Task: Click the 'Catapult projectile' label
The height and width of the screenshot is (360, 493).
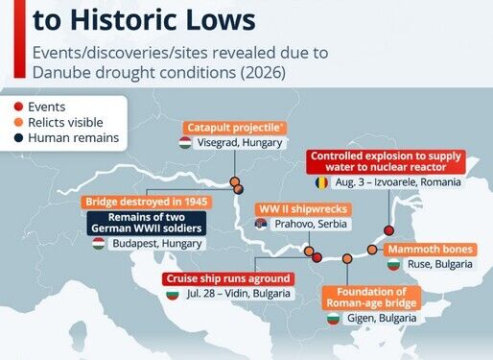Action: point(235,128)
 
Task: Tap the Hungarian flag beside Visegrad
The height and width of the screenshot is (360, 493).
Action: point(185,143)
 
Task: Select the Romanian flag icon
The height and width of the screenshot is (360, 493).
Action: point(321,182)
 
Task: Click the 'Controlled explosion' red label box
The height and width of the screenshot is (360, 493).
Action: point(386,161)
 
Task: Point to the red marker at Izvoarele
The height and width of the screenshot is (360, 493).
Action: point(388,230)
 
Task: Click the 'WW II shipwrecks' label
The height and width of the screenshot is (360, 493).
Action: point(303,209)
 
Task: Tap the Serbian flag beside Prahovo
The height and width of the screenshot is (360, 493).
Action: point(261,224)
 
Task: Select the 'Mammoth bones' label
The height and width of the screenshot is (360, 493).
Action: point(430,250)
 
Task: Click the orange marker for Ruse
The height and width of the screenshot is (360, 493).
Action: point(372,250)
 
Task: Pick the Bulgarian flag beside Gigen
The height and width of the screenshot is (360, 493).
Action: point(333,319)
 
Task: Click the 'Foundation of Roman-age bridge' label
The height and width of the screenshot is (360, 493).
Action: point(371,298)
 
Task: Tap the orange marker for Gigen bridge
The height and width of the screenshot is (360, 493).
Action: point(347,258)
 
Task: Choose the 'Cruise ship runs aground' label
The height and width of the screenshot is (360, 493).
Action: point(228,278)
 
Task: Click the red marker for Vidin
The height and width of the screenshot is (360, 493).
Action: point(317,257)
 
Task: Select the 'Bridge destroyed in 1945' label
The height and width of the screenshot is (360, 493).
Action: point(147,202)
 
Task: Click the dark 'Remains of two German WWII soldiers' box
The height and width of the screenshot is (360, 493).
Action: point(147,223)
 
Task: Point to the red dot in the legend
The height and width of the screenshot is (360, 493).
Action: point(18,107)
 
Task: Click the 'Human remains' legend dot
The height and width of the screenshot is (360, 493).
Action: point(18,138)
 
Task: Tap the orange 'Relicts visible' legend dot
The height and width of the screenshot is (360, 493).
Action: point(18,122)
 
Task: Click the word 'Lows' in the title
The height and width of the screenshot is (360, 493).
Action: point(221,19)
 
